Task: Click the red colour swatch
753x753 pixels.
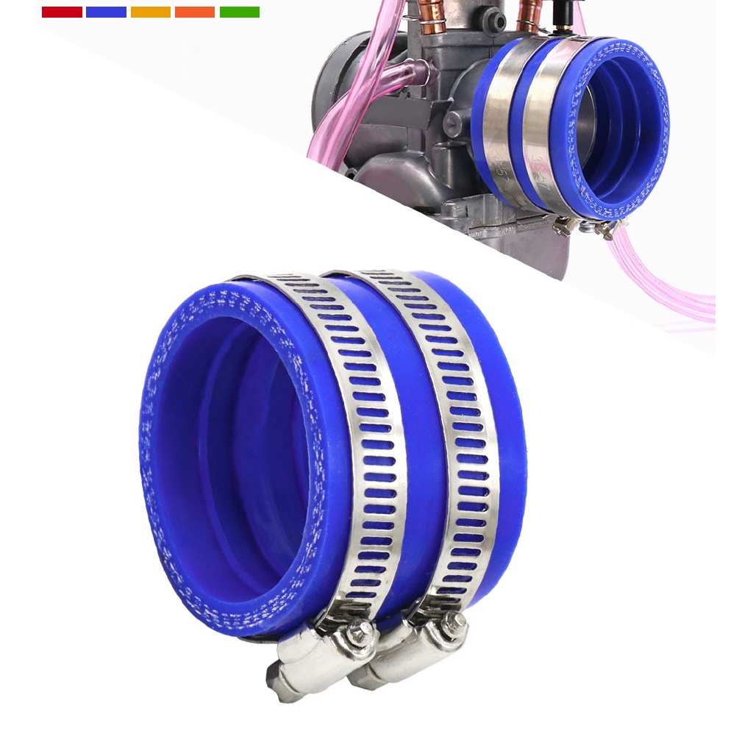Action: (x=62, y=12)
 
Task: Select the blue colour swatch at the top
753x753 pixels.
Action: (x=106, y=12)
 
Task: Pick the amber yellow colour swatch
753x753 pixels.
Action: (x=151, y=12)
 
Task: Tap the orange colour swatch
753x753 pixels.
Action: (x=195, y=12)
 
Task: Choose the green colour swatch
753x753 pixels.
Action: (x=240, y=12)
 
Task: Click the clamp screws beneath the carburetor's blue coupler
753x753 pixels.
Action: (x=588, y=228)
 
